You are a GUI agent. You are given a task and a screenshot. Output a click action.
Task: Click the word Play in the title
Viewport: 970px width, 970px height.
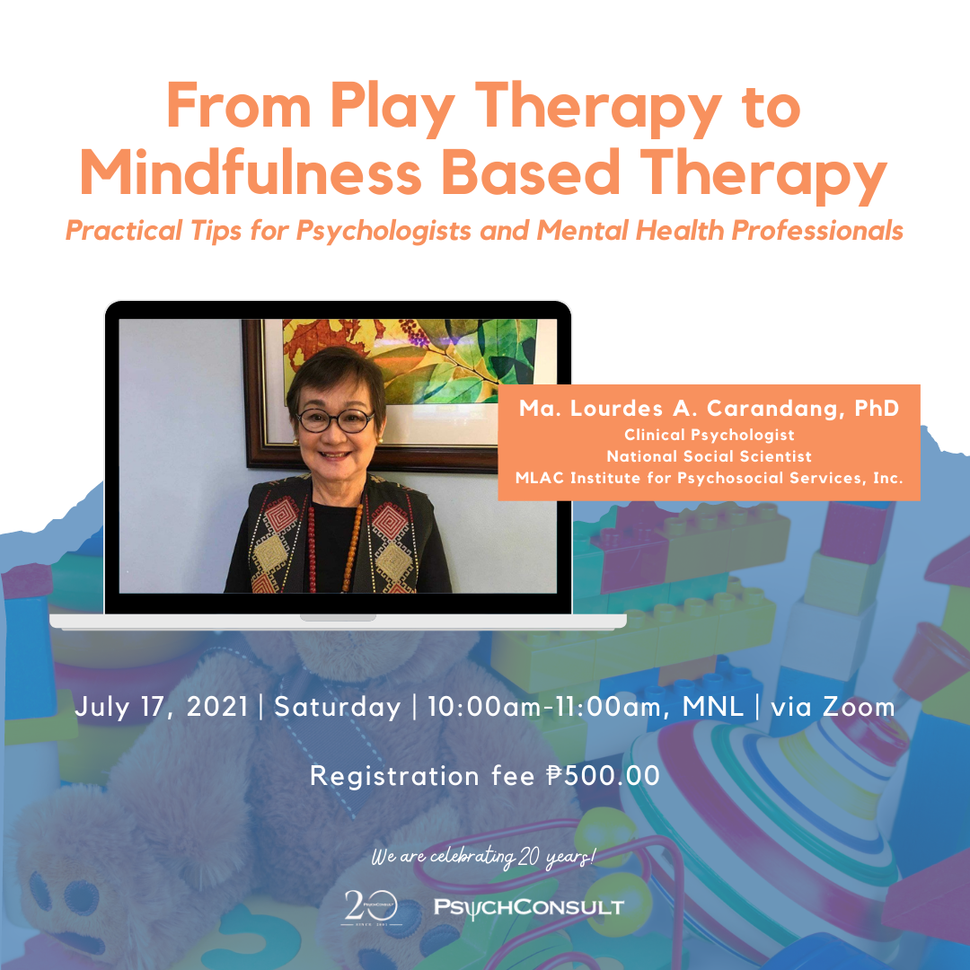tap(392, 109)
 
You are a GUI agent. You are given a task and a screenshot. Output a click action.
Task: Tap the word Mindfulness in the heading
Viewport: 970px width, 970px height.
tap(251, 172)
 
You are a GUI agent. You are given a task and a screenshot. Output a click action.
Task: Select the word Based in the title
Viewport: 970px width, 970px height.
tap(530, 172)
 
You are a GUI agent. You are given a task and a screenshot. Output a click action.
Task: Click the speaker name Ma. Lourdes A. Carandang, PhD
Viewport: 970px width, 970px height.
tap(709, 409)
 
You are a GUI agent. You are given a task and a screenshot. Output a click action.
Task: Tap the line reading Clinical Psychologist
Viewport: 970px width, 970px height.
tap(709, 435)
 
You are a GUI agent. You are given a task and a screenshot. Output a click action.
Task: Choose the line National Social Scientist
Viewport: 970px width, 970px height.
tap(709, 456)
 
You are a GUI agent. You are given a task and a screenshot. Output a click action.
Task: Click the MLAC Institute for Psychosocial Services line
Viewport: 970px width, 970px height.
tap(709, 478)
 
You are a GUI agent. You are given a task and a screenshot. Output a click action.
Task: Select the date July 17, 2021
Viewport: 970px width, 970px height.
tap(161, 707)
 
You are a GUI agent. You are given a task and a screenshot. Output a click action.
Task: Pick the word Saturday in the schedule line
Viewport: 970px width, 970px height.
tap(337, 707)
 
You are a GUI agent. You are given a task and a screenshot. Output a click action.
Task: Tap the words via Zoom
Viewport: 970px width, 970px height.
tap(833, 707)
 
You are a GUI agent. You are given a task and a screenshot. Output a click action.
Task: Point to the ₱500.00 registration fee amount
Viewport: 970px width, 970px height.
tap(604, 776)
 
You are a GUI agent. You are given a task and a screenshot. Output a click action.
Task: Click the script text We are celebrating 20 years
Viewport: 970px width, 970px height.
tap(483, 857)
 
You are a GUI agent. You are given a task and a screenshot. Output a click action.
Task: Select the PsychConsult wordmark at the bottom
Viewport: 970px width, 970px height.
tap(529, 907)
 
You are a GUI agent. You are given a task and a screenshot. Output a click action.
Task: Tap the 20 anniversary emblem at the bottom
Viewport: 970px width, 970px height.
tap(371, 907)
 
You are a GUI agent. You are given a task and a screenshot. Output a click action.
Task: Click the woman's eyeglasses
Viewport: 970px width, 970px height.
tap(335, 420)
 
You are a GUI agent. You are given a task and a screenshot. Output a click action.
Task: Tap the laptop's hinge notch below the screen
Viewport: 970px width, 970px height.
tap(338, 617)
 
